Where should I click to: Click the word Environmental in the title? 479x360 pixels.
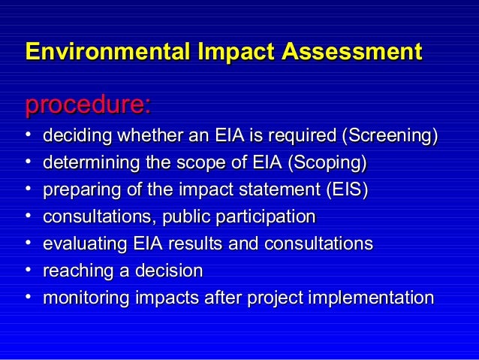(x=107, y=52)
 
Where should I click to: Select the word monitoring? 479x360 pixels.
(x=85, y=298)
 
